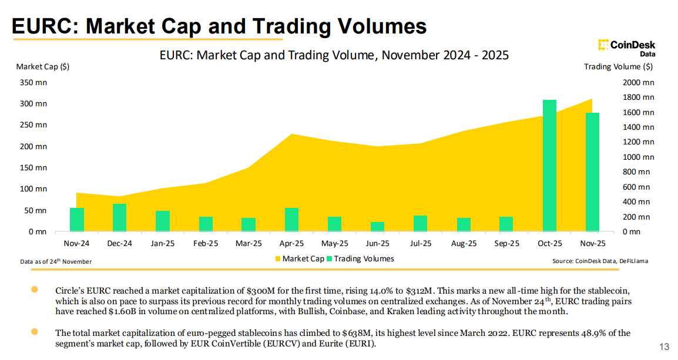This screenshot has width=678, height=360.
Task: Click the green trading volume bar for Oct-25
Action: click(x=549, y=166)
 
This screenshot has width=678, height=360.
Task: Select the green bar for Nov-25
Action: click(x=592, y=171)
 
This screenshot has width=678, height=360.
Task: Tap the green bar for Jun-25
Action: click(x=377, y=226)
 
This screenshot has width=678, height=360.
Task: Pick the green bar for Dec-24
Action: click(x=120, y=217)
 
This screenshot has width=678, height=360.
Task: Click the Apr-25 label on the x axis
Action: click(x=291, y=243)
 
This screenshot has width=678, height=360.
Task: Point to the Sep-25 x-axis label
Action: click(x=506, y=243)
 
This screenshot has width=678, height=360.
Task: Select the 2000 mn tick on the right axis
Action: click(x=639, y=83)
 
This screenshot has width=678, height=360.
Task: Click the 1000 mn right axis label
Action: click(x=639, y=157)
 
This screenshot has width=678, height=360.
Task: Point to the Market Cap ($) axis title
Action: click(x=43, y=66)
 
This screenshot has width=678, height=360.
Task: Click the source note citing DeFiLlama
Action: click(x=600, y=261)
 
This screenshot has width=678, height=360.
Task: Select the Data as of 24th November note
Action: click(x=56, y=261)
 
